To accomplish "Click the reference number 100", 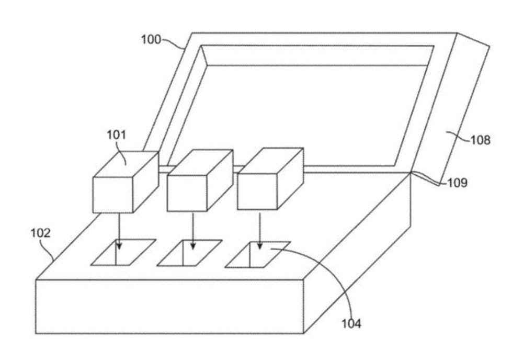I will click(x=151, y=39).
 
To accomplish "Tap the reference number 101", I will click(x=116, y=135).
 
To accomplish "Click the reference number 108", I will click(x=480, y=140).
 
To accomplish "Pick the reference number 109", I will click(x=457, y=184).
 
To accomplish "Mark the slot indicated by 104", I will click(x=258, y=254).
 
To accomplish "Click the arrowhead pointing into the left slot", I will click(x=120, y=246).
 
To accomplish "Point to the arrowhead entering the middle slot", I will click(x=193, y=246).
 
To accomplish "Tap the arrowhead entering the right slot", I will click(x=259, y=246).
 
